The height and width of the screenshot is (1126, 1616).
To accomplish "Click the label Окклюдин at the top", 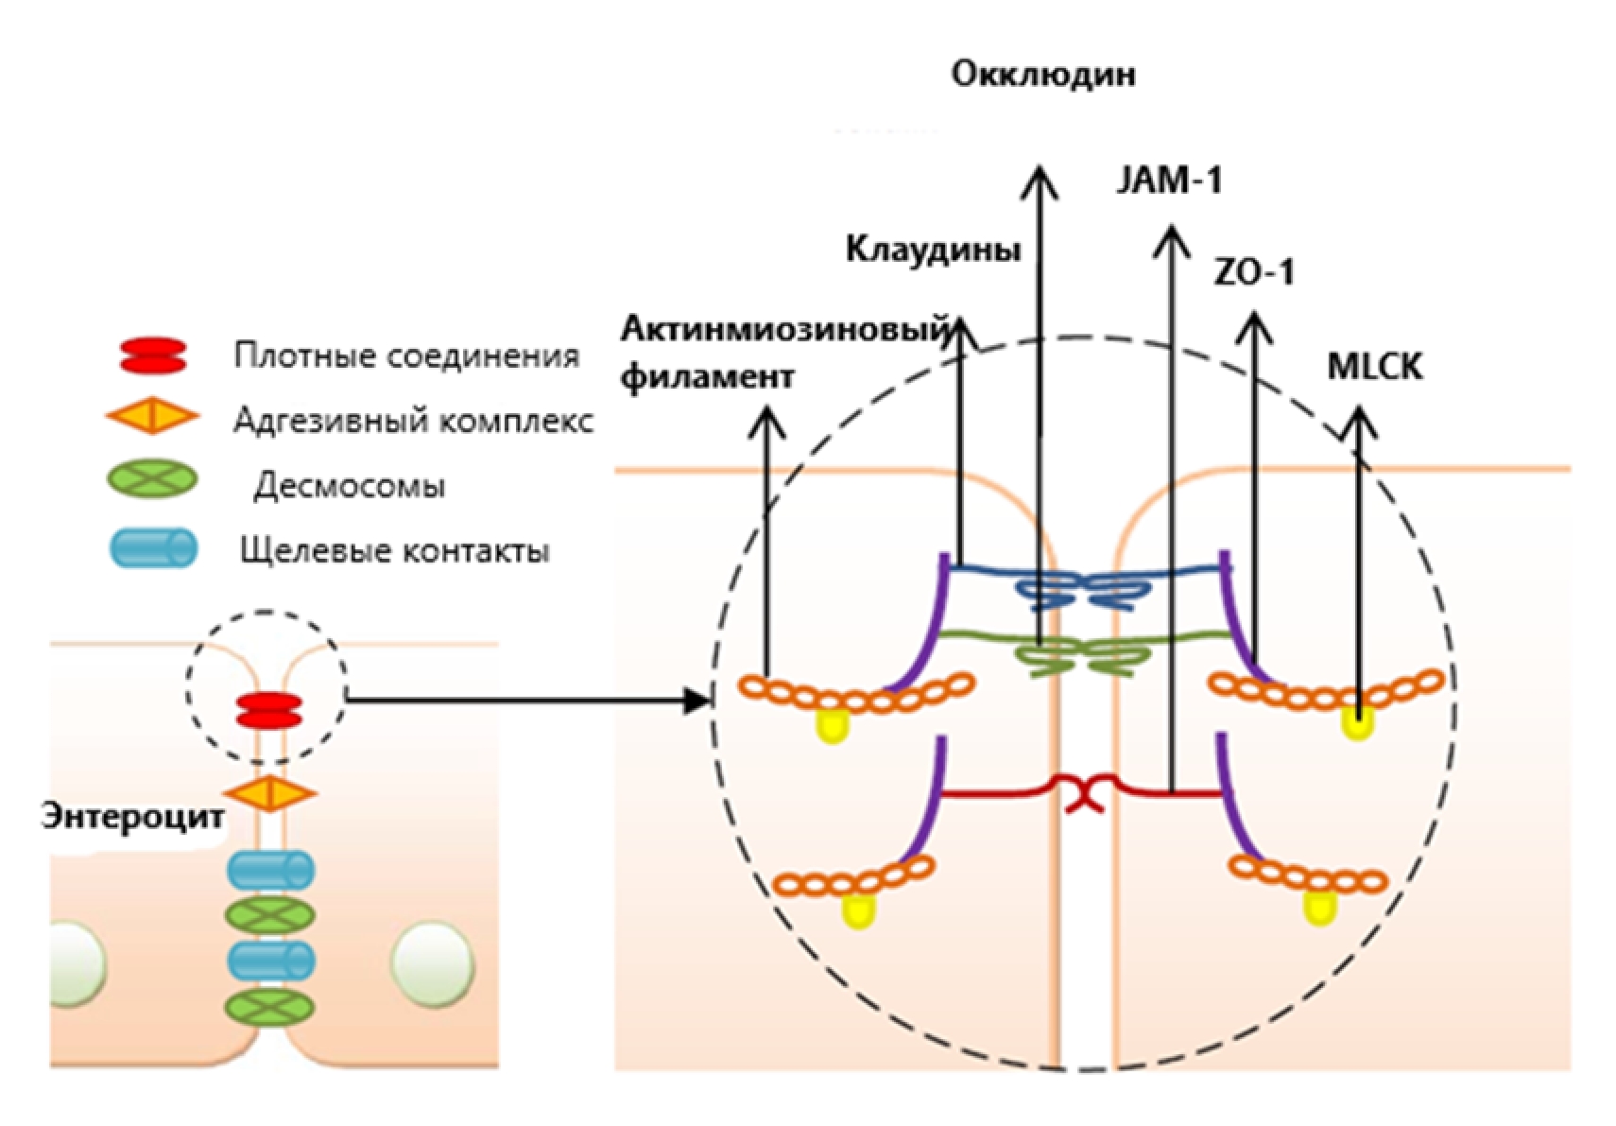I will click(1042, 75).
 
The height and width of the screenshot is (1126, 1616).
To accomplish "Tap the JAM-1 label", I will click(1169, 180).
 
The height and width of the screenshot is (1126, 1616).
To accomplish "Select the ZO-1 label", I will click(1253, 273).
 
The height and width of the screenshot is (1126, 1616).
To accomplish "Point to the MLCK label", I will click(1373, 367).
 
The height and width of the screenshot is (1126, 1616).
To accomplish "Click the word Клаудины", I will click(933, 250).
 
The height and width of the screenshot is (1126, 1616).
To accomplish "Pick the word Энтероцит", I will click(132, 816).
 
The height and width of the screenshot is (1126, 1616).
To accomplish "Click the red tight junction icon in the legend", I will click(153, 356).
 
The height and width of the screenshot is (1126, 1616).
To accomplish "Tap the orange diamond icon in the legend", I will click(152, 417).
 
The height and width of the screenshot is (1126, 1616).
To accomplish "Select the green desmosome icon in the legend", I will click(152, 479).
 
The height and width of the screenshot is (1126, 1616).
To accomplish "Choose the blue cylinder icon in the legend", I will click(154, 548).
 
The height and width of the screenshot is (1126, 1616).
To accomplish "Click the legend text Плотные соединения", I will click(406, 356).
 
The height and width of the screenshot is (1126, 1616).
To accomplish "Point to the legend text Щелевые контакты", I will click(395, 550).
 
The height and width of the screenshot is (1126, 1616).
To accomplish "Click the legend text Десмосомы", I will click(349, 486).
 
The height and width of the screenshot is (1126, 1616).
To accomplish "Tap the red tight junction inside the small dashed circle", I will click(268, 711).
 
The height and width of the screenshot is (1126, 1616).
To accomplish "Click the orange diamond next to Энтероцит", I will click(269, 792).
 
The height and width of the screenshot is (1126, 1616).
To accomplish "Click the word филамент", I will click(708, 377).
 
